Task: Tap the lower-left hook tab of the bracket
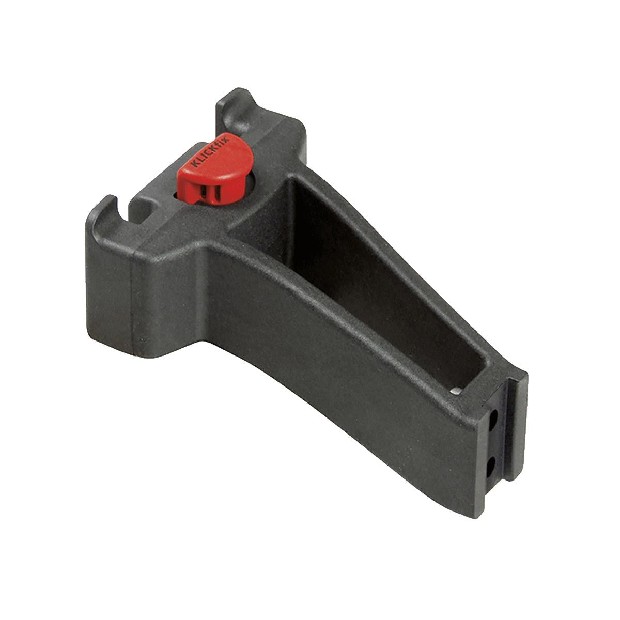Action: (x=101, y=212)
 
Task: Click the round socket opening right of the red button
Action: (x=250, y=186)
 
